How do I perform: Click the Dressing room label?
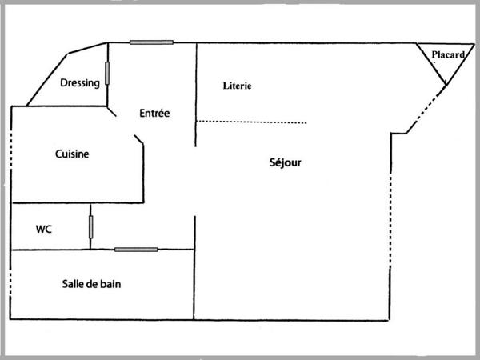[80, 83]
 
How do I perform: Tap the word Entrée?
[154, 114]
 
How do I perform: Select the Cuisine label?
[72, 154]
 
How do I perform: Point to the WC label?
[44, 229]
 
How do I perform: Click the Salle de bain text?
[91, 284]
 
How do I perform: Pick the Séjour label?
[285, 162]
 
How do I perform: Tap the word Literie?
[238, 86]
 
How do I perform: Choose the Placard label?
[448, 54]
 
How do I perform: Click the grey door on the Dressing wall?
[107, 73]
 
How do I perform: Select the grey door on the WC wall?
[91, 227]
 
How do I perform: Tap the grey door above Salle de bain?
[136, 250]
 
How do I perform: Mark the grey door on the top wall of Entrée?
[151, 42]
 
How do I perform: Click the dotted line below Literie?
[251, 122]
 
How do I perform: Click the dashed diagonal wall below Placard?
[426, 110]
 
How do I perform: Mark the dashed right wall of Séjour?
[390, 221]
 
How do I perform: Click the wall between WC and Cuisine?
[78, 202]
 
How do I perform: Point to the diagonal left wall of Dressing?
[47, 79]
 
